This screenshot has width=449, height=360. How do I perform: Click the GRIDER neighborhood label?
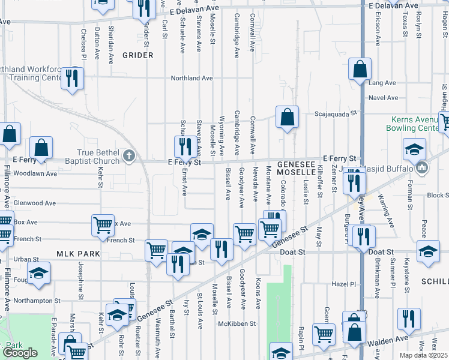(138, 55)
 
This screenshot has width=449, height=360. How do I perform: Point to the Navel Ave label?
(384, 98)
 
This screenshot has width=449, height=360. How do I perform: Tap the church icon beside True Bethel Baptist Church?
(128, 157)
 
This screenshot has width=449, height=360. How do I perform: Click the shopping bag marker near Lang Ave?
(360, 70)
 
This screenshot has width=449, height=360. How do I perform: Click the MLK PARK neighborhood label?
(77, 254)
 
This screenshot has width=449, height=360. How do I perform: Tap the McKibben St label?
(237, 323)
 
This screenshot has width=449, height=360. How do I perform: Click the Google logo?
(20, 353)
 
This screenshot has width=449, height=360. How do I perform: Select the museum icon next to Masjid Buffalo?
(423, 167)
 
